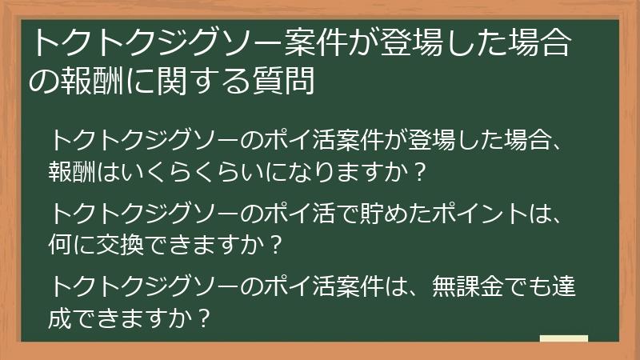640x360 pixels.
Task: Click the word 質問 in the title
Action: coord(286,82)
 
